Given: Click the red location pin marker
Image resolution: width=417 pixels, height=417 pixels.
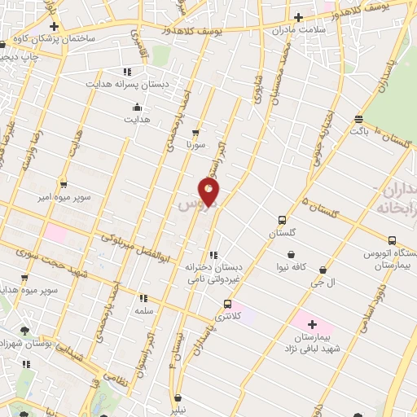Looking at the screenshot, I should pos(209,191).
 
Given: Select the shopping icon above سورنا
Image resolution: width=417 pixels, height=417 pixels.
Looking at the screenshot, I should pos(195,132).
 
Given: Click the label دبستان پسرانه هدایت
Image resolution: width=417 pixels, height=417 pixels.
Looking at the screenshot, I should pos(127,84).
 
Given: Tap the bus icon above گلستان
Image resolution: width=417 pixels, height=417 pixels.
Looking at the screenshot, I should pos(282,220).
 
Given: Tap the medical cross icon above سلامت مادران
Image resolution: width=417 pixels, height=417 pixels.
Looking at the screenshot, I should pos(298,16).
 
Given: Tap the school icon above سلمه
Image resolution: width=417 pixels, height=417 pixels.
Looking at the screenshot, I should pos(144,299).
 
